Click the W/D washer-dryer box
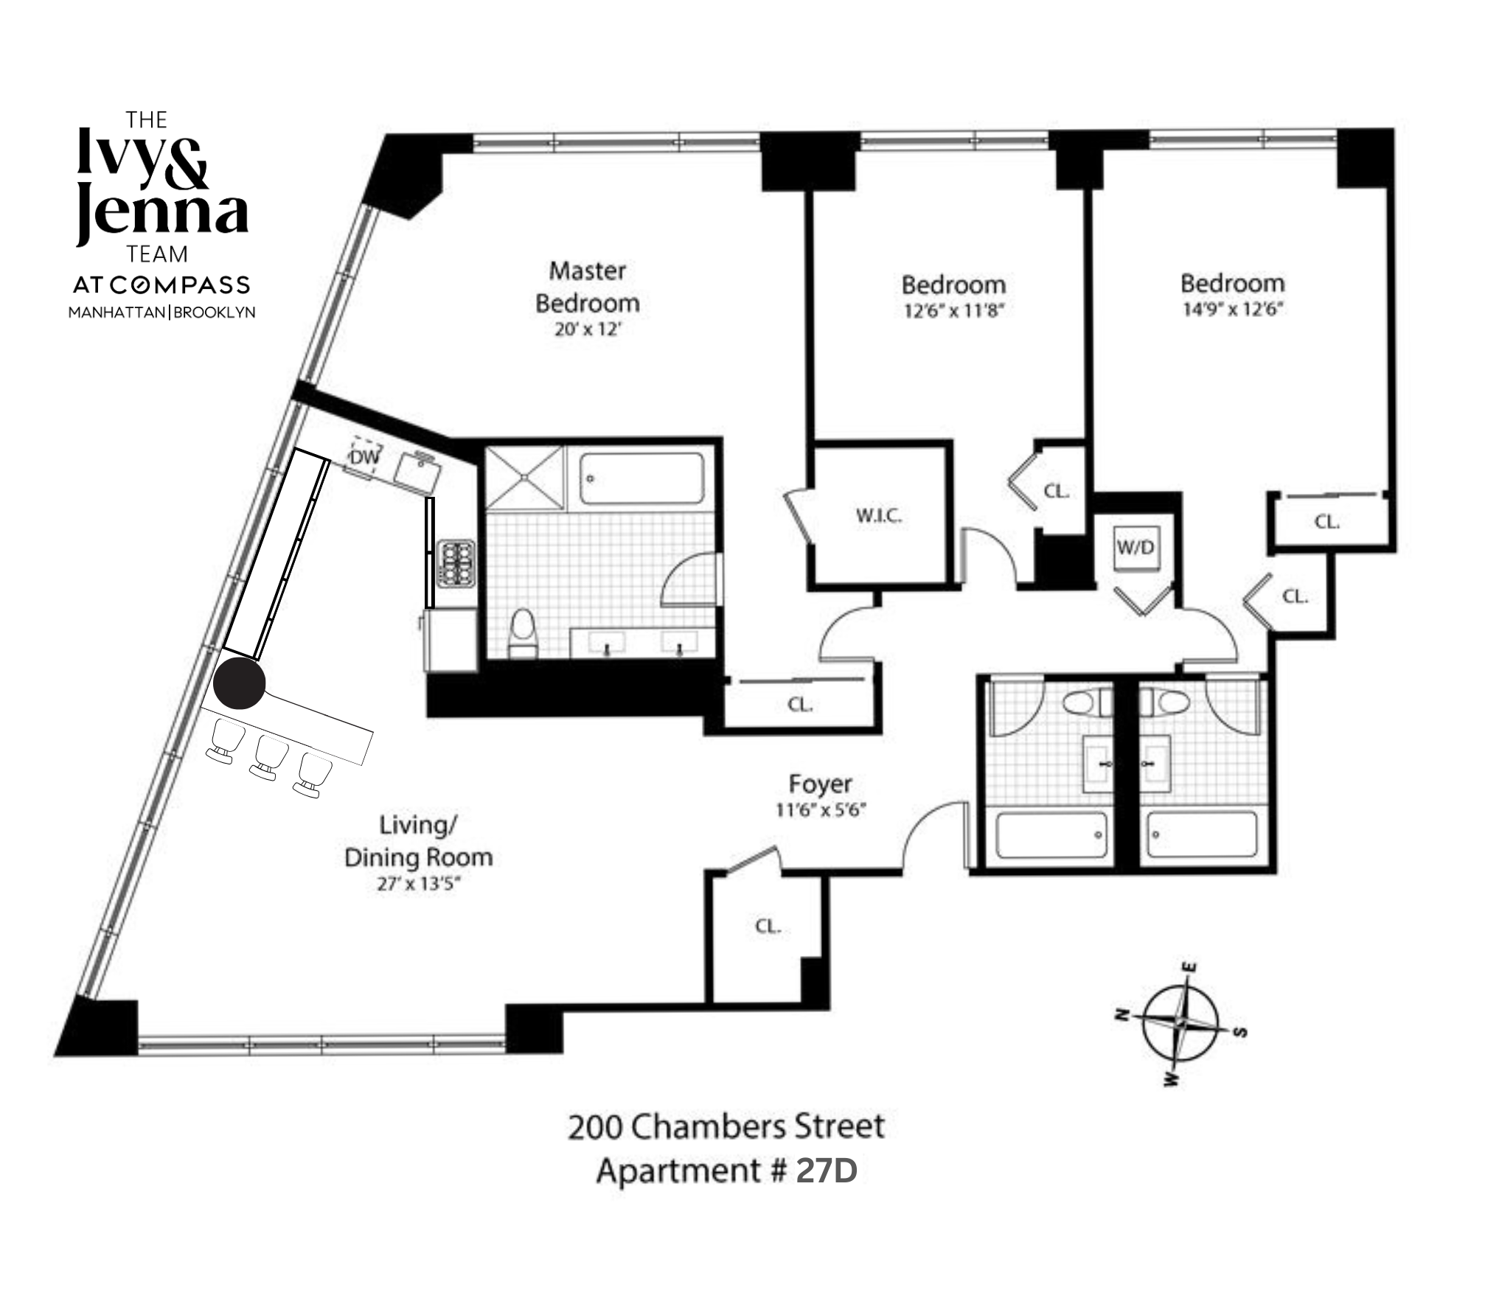pyautogui.click(x=1136, y=548)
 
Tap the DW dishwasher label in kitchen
pyautogui.click(x=364, y=458)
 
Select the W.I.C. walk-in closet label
pyautogui.click(x=878, y=515)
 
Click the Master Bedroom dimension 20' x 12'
pyautogui.click(x=587, y=330)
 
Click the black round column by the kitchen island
pyautogui.click(x=239, y=683)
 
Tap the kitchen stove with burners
pyautogui.click(x=456, y=564)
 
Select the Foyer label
pyautogui.click(x=820, y=784)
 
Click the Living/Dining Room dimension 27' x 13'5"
pyautogui.click(x=418, y=883)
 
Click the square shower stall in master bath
pyautogui.click(x=524, y=477)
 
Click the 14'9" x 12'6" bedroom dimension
pyautogui.click(x=1232, y=309)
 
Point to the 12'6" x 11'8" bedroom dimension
pyautogui.click(x=953, y=310)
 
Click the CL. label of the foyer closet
pyautogui.click(x=768, y=926)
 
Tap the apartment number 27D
pyautogui.click(x=826, y=1171)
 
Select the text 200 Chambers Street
pyautogui.click(x=726, y=1126)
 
